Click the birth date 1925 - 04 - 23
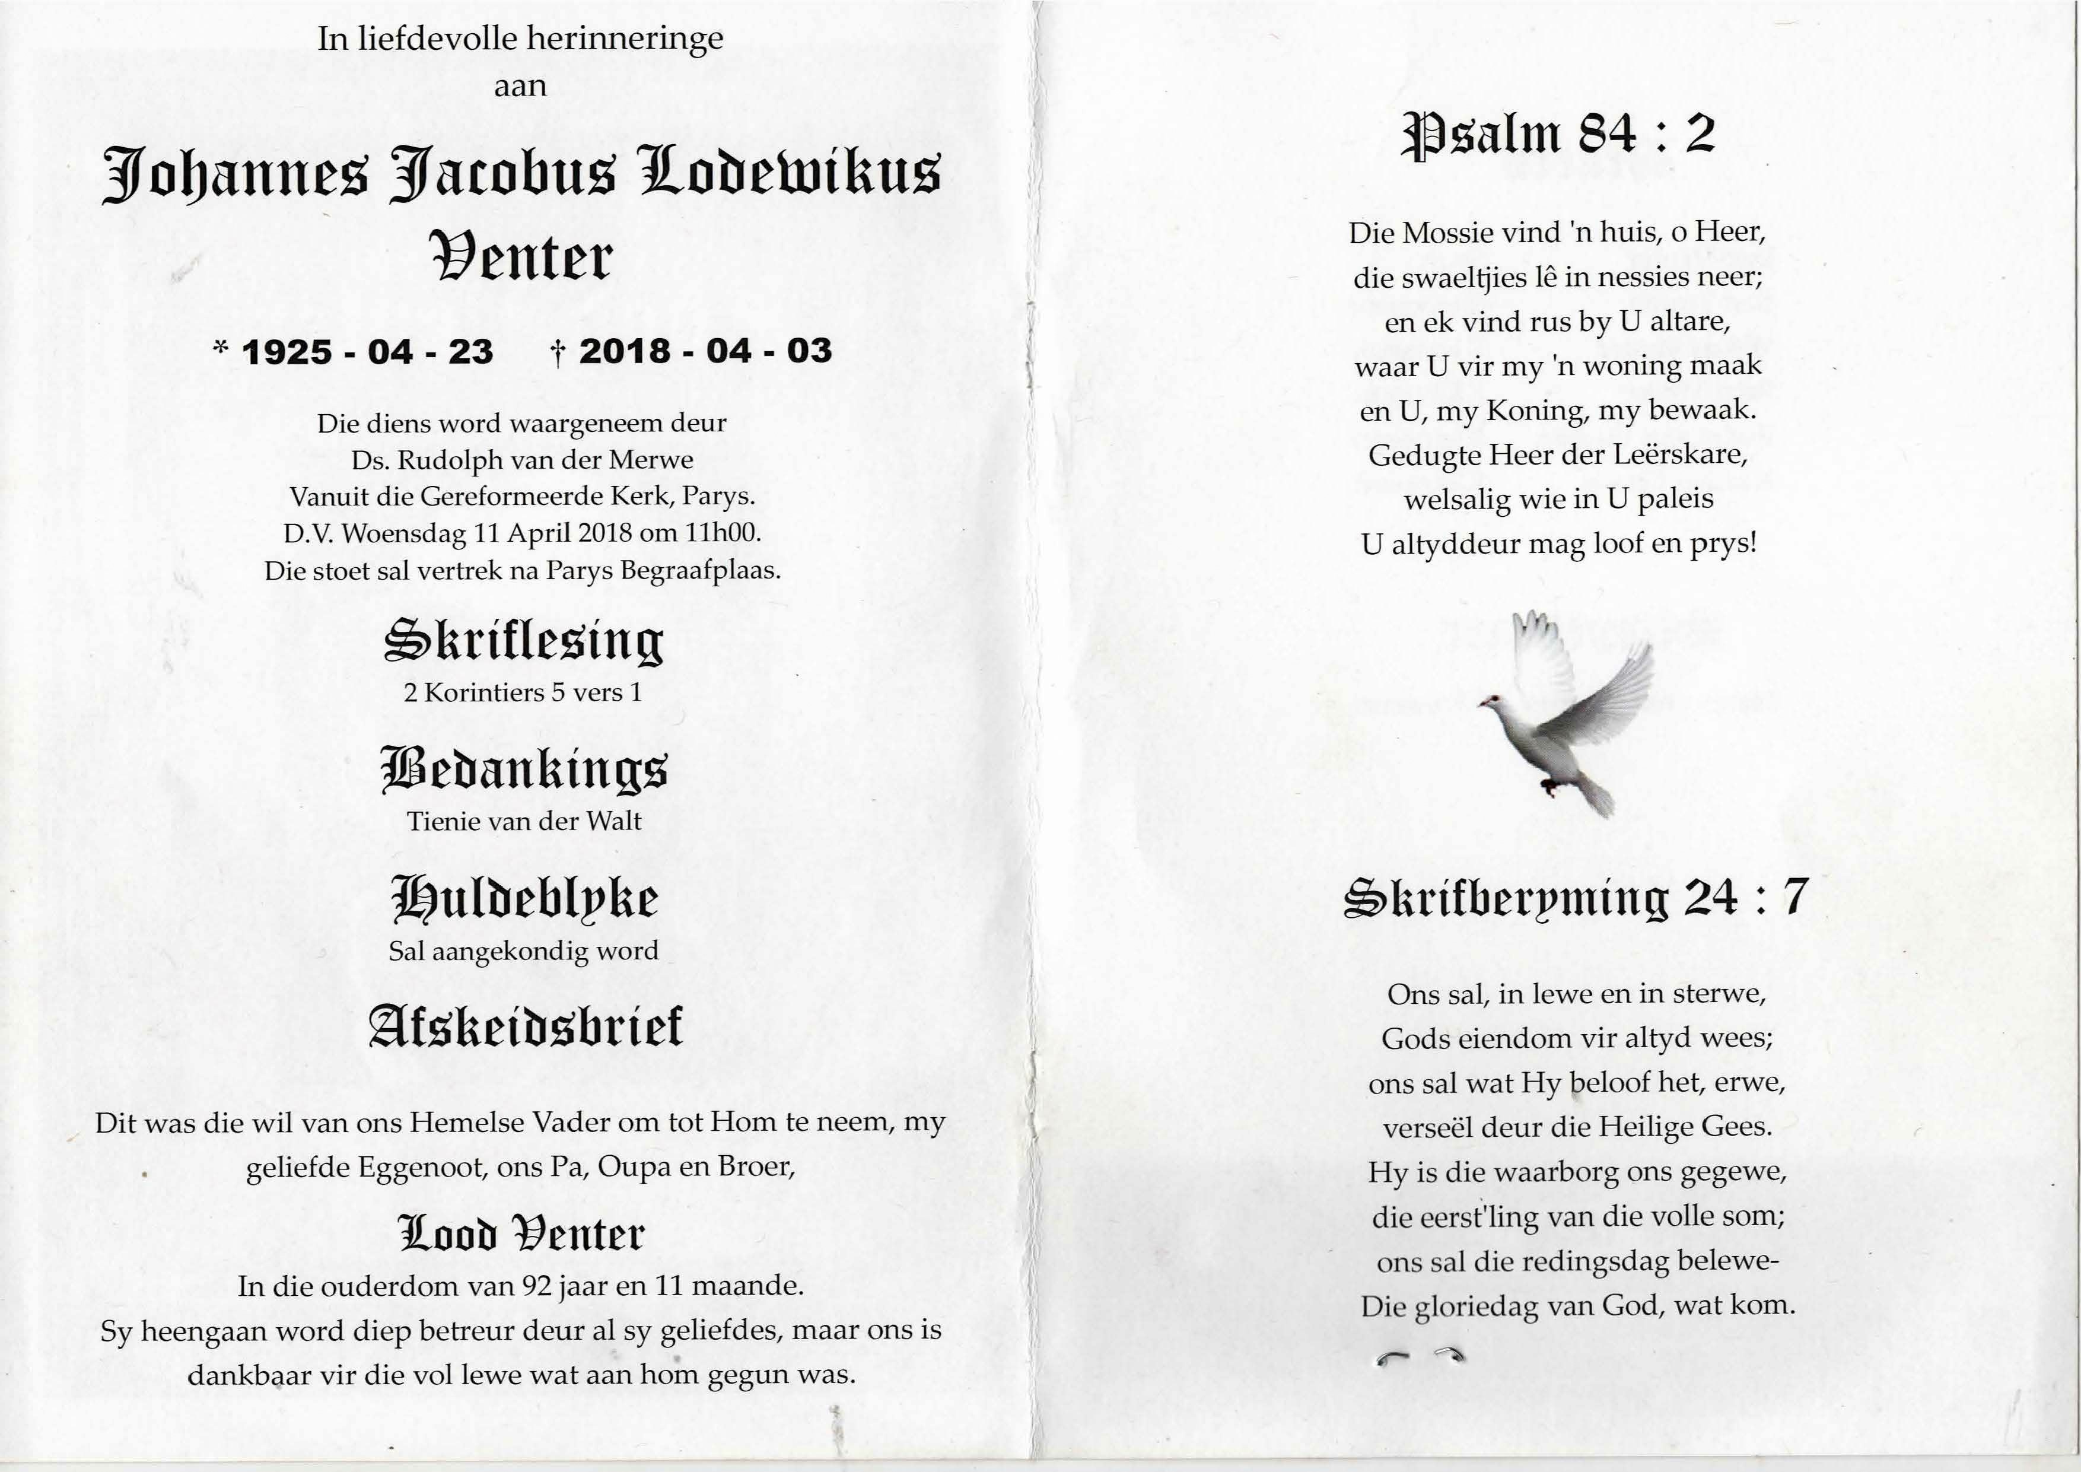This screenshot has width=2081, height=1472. pos(367,352)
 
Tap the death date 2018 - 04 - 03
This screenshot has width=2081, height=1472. pos(705,351)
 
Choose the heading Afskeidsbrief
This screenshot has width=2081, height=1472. pos(526,1027)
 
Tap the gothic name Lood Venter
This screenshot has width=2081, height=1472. pos(522,1233)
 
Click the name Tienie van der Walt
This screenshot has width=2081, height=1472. pos(524,821)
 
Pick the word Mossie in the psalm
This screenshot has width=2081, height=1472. pos(1447,233)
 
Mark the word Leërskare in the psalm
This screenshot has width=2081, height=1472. pos(1691,454)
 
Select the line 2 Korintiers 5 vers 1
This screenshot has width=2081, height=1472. pos(523,692)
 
